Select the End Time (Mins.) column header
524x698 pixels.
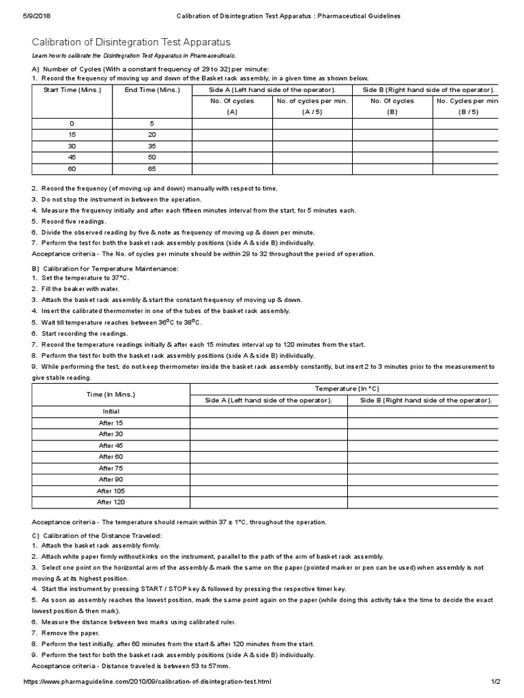point(151,90)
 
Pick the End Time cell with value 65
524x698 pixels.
point(151,168)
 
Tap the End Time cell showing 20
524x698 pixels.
point(151,134)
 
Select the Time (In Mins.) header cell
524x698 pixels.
point(111,394)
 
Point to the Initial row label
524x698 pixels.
point(111,411)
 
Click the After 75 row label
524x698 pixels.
point(111,468)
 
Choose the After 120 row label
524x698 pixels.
point(111,502)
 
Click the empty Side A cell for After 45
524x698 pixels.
point(269,445)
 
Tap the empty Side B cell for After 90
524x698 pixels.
point(423,479)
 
